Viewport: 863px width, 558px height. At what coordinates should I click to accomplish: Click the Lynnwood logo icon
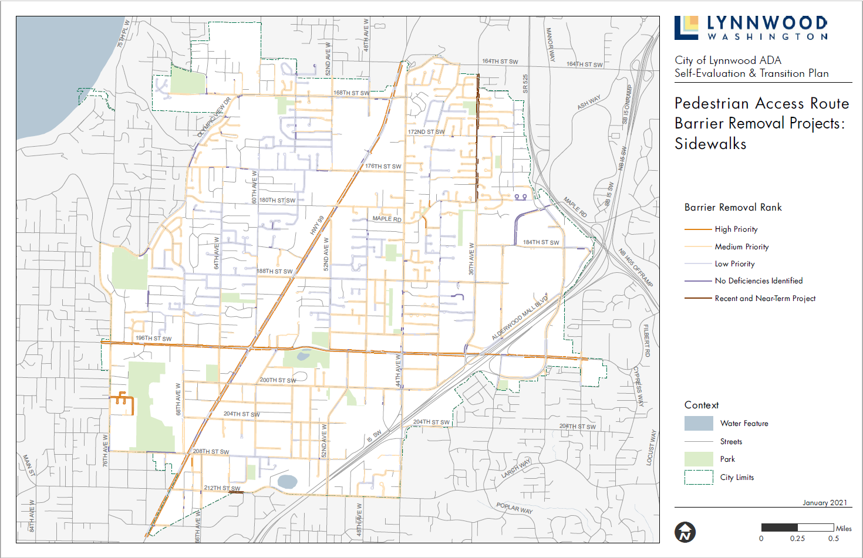tap(686, 28)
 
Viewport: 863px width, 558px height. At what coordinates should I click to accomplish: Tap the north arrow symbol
tap(685, 532)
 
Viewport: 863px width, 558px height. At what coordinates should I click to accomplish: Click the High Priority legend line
tap(698, 229)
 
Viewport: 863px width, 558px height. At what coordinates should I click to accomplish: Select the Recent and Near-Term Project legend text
tap(765, 299)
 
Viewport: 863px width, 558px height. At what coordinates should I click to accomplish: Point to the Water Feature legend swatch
tap(699, 423)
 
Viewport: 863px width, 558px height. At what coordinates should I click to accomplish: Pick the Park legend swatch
tap(699, 459)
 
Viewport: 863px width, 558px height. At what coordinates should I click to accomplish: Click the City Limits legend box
tap(699, 477)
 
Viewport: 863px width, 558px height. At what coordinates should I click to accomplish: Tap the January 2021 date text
tap(825, 503)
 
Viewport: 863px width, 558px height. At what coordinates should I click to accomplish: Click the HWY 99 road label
tap(317, 225)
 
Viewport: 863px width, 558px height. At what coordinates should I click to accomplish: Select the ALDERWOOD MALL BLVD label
tap(520, 317)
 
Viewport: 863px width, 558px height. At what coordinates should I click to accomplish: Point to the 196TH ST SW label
tap(154, 339)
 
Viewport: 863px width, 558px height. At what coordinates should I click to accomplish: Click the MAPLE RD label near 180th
tap(387, 219)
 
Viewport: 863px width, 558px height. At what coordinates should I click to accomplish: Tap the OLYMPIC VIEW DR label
tap(214, 117)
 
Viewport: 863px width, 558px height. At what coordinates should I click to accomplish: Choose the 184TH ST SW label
tap(541, 242)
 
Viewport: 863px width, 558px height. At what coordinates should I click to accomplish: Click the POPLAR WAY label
tap(514, 508)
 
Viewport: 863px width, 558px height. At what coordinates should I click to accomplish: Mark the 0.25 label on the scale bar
tap(797, 539)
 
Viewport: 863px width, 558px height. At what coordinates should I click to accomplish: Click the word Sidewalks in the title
tap(710, 144)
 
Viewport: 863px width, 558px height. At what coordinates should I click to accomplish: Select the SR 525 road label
tap(525, 83)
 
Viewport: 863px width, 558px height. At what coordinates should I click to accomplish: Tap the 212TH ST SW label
tap(222, 488)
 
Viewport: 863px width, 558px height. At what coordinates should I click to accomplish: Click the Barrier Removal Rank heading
tap(733, 208)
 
